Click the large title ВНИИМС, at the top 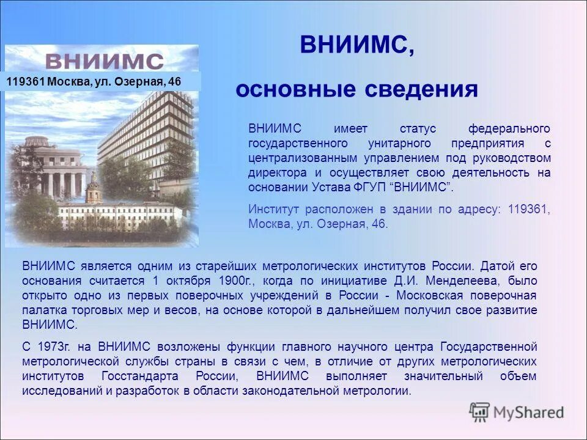(x=356, y=46)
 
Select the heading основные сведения (x=356, y=90)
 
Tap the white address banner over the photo (x=102, y=81)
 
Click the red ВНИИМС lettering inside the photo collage (x=104, y=61)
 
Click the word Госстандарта (x=141, y=376)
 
